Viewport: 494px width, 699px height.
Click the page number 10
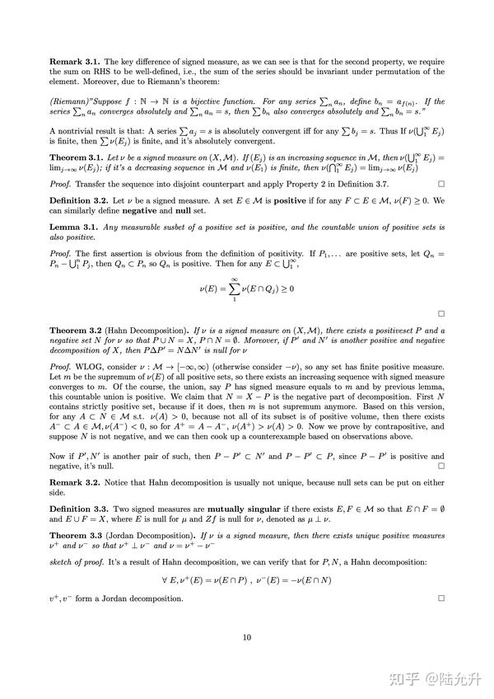246,637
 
